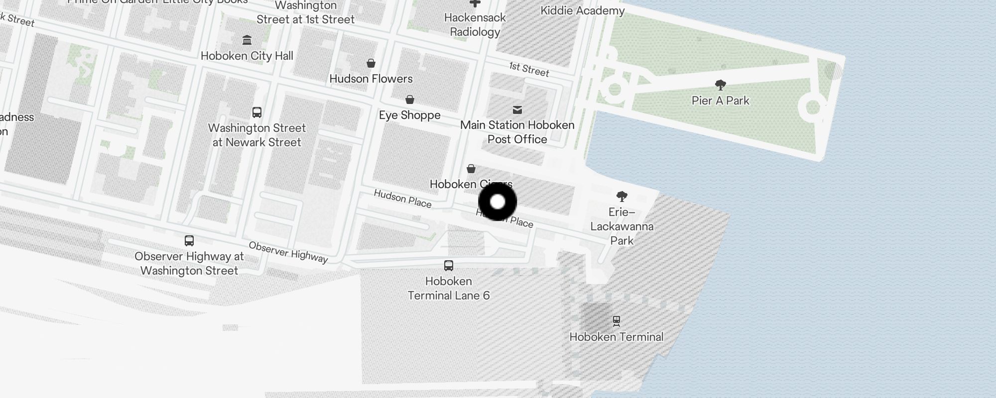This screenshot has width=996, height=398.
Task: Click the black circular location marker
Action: click(x=498, y=202)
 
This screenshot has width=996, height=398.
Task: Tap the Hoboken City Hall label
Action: click(x=247, y=56)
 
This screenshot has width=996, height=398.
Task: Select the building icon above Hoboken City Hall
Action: click(x=247, y=40)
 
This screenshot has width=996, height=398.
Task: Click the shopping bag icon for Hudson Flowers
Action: click(x=371, y=63)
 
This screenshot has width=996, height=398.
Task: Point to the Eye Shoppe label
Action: click(x=409, y=115)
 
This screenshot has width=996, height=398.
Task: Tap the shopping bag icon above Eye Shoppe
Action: click(x=410, y=99)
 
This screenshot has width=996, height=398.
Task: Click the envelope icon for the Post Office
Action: click(x=517, y=109)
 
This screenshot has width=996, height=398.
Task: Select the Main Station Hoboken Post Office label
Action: click(x=517, y=132)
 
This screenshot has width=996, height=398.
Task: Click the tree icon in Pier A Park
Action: click(x=720, y=85)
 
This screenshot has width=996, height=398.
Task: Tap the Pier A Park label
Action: click(x=720, y=100)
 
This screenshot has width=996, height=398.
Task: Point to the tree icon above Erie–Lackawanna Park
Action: click(x=622, y=196)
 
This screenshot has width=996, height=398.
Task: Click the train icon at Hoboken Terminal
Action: click(x=617, y=321)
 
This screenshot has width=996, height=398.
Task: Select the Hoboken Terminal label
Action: click(x=616, y=337)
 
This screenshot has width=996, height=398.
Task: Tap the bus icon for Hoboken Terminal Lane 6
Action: click(x=449, y=265)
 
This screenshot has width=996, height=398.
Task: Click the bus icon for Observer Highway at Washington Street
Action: click(x=189, y=241)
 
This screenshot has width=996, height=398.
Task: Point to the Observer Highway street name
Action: click(x=288, y=252)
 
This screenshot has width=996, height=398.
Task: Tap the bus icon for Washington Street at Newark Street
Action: click(x=257, y=112)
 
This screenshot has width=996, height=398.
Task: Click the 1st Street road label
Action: click(x=529, y=69)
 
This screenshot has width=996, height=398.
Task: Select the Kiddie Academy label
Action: click(x=582, y=10)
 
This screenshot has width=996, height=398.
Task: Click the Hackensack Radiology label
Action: click(x=475, y=25)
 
